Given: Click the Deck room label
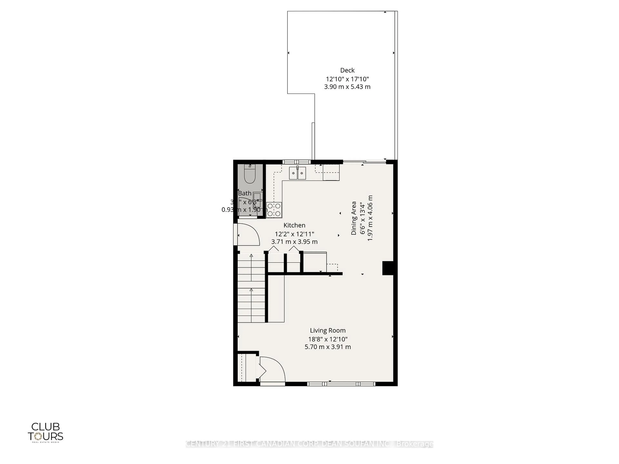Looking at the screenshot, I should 347,70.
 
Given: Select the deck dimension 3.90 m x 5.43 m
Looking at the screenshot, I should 347,87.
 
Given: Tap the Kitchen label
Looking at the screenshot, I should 294,225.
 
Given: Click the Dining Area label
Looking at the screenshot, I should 354,218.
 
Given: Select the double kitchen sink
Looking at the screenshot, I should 297,173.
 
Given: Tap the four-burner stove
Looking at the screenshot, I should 274,210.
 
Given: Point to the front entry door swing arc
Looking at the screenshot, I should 273,369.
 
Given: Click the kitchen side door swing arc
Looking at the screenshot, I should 249,234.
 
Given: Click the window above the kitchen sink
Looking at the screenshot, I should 296,162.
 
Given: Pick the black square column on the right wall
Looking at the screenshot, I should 388,268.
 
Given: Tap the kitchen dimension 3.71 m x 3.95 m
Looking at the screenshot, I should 294,242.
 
